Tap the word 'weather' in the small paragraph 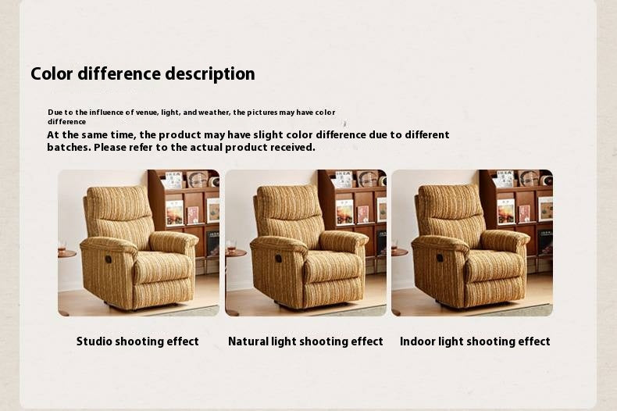[x=213, y=113]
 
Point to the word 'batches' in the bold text [x=68, y=147]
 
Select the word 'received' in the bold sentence [x=293, y=147]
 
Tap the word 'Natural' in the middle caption [x=249, y=341]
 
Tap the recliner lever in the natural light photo [x=275, y=259]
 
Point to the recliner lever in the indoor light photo [x=440, y=258]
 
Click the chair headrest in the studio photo [x=118, y=203]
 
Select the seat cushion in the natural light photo [x=333, y=266]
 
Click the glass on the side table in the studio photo [x=62, y=247]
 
